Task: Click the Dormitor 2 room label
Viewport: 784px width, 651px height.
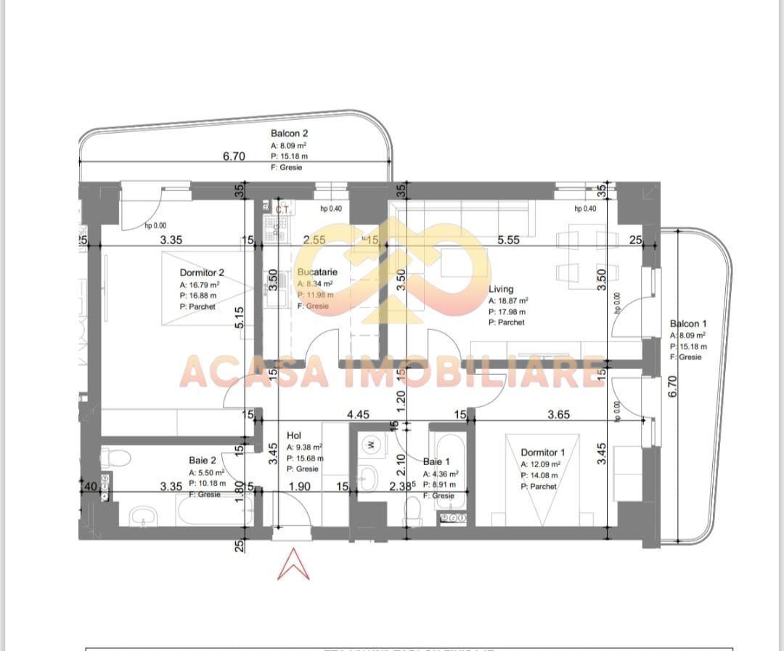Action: tap(202, 272)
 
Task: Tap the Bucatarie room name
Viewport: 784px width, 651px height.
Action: tap(317, 272)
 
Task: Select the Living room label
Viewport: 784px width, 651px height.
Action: tap(501, 289)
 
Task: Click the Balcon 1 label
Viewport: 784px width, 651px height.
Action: tap(688, 324)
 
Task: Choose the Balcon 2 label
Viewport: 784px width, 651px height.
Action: tap(290, 134)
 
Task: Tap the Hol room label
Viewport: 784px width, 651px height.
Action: tap(294, 436)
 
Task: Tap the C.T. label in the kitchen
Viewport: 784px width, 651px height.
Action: tap(282, 209)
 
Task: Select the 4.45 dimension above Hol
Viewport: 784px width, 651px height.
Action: tap(358, 415)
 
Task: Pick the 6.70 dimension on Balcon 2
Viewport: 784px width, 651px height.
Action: tap(234, 155)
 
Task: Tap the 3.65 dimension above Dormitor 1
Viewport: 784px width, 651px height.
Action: tap(558, 415)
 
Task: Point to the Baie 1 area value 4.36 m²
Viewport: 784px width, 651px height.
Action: tap(440, 474)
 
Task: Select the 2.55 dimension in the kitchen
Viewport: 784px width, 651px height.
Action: tap(314, 240)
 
